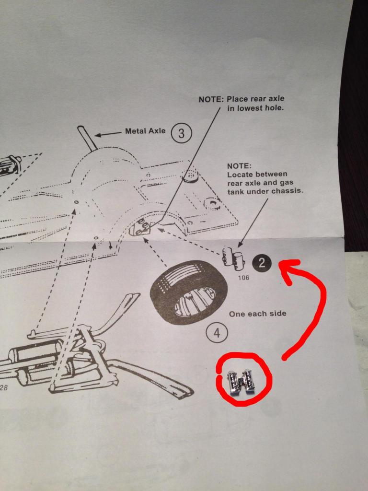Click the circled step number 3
(x=181, y=134)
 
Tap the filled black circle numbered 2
(x=262, y=262)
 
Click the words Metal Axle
(x=145, y=130)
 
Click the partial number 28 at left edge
(x=3, y=388)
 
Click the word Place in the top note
(x=238, y=99)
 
